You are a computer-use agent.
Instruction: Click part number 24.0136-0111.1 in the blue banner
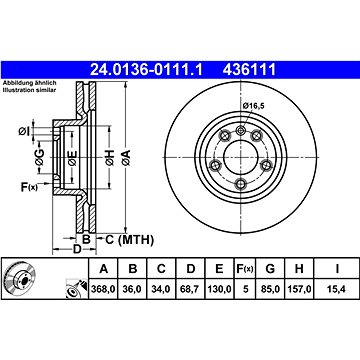tap(146, 70)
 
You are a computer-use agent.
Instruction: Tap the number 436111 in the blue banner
tap(249, 70)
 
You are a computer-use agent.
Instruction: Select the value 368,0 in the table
tap(103, 289)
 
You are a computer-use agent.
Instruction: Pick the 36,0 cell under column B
tap(133, 289)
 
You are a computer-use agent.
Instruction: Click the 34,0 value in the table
tap(161, 289)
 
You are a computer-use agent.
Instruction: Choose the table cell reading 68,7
tap(190, 289)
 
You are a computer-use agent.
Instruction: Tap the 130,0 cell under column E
tap(219, 289)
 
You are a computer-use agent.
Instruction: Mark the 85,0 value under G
tap(270, 289)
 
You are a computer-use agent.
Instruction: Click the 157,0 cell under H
tap(299, 289)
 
